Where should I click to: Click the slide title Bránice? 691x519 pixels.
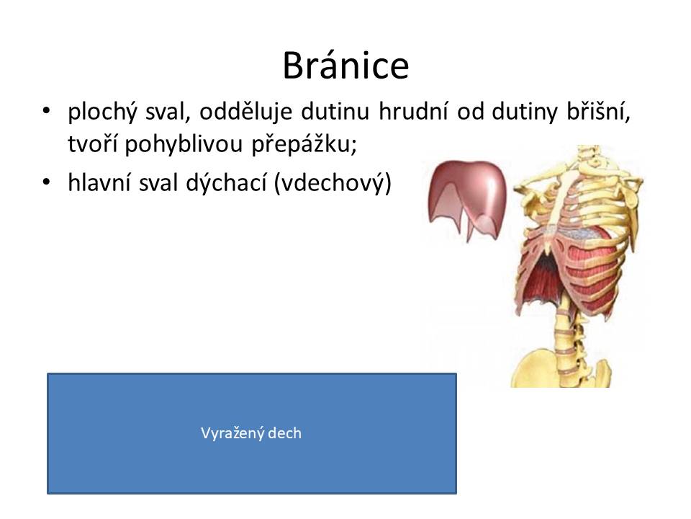[x=345, y=66]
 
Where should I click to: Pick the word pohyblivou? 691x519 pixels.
[x=184, y=144]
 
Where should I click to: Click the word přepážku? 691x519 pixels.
[x=304, y=144]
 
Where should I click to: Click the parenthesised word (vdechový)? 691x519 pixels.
[x=333, y=182]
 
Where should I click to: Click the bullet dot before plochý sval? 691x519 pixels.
[x=46, y=110]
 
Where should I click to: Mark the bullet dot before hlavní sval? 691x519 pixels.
[x=46, y=182]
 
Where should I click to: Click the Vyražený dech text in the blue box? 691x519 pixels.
[x=251, y=433]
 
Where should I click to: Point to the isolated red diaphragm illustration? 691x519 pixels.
[x=467, y=196]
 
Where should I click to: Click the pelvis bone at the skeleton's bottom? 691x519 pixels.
[x=561, y=368]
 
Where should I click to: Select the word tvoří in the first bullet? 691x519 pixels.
[x=92, y=144]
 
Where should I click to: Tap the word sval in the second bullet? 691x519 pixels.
[x=158, y=182]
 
